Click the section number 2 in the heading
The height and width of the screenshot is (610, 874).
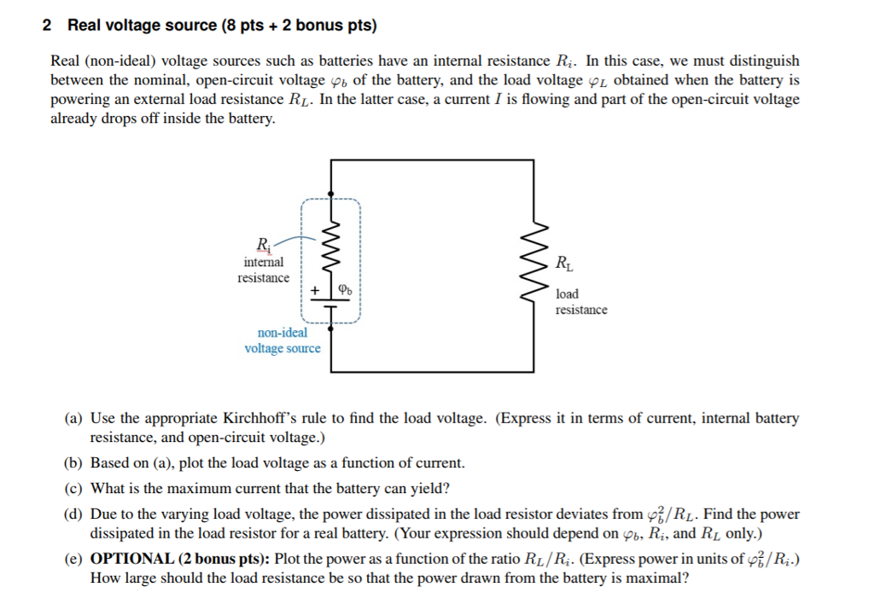pos(47,26)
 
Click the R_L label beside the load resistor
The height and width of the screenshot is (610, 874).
pos(564,263)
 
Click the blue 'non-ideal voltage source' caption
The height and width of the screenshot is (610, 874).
pos(283,340)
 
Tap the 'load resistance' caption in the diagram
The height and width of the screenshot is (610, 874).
pos(581,302)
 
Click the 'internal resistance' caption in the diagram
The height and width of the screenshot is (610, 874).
pos(263,270)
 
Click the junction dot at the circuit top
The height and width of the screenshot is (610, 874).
pos(331,194)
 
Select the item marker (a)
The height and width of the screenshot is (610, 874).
pos(73,419)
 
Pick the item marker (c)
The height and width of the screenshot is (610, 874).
pos(73,489)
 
